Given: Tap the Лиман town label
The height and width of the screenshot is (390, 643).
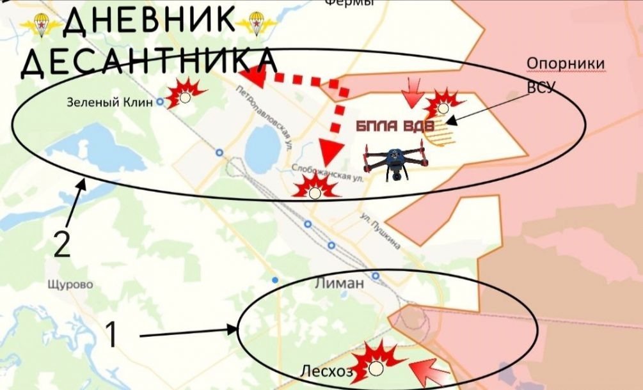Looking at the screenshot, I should click(x=339, y=283).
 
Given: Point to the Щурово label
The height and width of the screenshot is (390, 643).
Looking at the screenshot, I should click(x=70, y=284).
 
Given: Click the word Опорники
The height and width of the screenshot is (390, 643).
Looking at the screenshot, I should click(x=566, y=64).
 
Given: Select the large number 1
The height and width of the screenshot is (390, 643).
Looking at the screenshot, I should click(x=111, y=335).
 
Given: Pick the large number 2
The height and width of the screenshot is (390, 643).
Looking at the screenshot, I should click(x=61, y=246).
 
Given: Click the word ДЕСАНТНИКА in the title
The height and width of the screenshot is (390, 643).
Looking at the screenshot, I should click(x=148, y=61).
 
